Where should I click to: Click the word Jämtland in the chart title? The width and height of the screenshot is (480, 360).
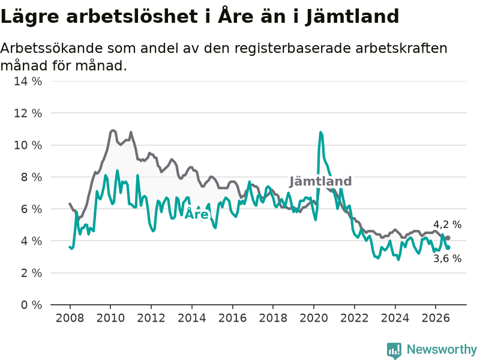coord(352,17)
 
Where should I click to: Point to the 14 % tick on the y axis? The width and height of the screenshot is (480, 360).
coord(28,81)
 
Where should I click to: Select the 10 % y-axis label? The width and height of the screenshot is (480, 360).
coord(28,145)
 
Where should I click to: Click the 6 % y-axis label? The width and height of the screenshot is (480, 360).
coord(31,209)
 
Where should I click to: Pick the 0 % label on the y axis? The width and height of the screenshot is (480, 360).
coord(31,305)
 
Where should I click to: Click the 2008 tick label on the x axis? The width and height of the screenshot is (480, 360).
coord(70,318)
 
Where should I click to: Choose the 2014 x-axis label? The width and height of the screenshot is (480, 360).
coord(192,318)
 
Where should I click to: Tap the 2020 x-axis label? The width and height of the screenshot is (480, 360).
coord(314,318)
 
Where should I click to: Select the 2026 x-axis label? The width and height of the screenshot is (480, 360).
coord(436,318)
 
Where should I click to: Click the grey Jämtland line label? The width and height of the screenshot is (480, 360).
coord(320,182)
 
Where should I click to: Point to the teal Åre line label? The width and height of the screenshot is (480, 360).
coord(197,214)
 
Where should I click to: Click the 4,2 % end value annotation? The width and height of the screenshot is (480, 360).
coord(447,224)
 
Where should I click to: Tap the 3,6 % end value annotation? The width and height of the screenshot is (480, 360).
coord(447,259)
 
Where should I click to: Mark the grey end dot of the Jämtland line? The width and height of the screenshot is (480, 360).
coord(448,238)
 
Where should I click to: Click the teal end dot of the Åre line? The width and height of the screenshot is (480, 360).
coord(448,248)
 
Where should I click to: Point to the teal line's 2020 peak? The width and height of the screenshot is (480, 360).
coord(320,132)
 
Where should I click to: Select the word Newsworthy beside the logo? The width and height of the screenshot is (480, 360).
coord(442,349)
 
